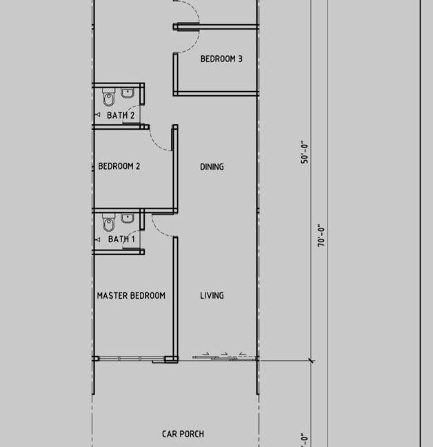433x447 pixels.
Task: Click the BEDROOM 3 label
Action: coord(221,59)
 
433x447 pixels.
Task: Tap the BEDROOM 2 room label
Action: coord(119,166)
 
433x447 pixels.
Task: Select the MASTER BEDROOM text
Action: coord(131,296)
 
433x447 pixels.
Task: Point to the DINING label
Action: coord(212,167)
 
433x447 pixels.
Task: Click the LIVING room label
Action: coord(212,296)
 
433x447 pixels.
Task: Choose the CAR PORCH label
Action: coord(183,434)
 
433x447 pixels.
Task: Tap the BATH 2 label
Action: coord(121,115)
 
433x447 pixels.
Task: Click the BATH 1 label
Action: coord(121,239)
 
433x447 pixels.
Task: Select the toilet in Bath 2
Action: coord(108,97)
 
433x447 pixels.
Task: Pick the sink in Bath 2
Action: coord(128,93)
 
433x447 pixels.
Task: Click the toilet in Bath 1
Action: coord(108,222)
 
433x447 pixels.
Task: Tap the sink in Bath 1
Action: coord(128,219)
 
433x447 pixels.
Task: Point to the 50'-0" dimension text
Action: coord(305,152)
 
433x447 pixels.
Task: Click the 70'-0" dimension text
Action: coord(321,235)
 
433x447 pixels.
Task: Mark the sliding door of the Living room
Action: coord(225,357)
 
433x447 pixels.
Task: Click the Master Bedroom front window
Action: coord(129,359)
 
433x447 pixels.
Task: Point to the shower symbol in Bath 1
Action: coord(97,239)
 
